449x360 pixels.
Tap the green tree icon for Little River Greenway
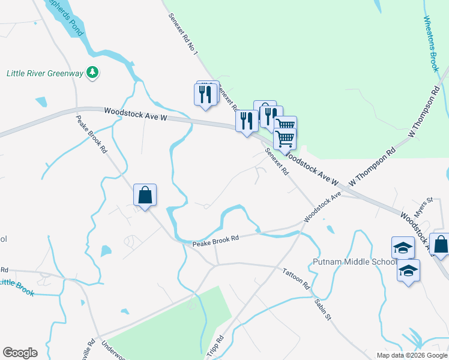coord(92,73)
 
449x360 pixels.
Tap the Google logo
coord(20,352)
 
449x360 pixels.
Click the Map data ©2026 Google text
coord(412,355)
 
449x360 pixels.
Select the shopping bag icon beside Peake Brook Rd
coord(145,195)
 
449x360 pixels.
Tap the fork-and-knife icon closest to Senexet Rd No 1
coord(205,94)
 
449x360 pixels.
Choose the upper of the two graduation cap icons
coord(403,247)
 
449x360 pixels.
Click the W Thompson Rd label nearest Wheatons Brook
coord(424,111)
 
